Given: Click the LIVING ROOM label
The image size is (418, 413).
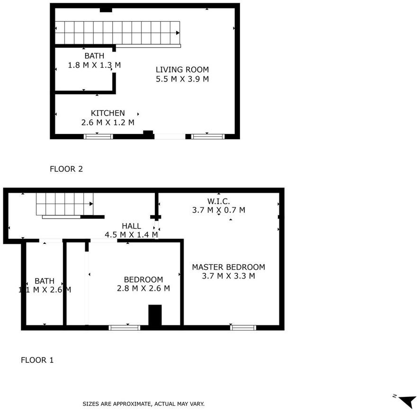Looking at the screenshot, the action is point(182,70).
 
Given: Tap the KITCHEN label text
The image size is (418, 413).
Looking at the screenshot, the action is point(108,113).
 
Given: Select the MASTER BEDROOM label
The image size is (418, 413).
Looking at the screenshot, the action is point(229,267).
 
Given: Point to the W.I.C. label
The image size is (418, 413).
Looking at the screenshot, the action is point(219,201).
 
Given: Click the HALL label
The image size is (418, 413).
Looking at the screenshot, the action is point(131,226).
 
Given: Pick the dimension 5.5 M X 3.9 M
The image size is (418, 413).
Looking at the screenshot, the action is point(182,79).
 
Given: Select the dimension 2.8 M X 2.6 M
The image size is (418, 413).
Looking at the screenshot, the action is point(143,288).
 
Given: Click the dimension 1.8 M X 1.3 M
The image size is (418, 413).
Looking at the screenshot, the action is point(94,65).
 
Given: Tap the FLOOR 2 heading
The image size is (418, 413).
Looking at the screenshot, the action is point(66,169).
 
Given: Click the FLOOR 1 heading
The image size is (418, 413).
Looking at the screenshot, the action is point(37,360).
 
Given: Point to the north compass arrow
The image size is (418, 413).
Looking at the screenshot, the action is point(408,402).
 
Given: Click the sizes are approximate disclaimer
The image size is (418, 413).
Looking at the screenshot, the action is point(143,404).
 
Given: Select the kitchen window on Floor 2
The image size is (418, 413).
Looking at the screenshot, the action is point(98,136).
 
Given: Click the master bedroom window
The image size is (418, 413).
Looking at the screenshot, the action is point(243,328).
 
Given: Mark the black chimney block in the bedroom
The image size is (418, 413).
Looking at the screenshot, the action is point(155,315).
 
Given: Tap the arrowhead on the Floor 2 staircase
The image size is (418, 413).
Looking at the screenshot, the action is point(178,33).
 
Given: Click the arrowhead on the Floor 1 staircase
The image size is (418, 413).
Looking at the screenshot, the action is point(91,204).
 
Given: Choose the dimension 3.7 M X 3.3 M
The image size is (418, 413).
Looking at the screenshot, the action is point(229,276).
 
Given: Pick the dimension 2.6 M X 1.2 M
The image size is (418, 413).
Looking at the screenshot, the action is point(108,123).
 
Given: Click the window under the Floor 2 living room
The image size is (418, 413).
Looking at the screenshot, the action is point(208,136).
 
